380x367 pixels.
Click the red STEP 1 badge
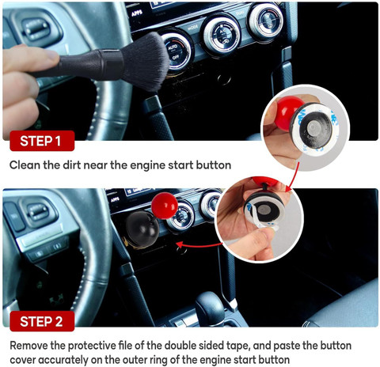pyautogui.click(x=42, y=141)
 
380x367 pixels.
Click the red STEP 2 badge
pyautogui.click(x=42, y=321)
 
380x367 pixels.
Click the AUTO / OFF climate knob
pyautogui.click(x=177, y=52)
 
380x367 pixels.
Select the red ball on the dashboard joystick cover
pyautogui.click(x=165, y=206)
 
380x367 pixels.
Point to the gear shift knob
pyautogui.click(x=210, y=305)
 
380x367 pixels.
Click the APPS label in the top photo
pyautogui.click(x=137, y=13)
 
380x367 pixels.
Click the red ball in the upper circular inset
pyautogui.click(x=290, y=113)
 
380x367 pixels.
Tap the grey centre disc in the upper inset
pyautogui.click(x=314, y=129)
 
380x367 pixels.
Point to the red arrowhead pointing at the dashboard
pyautogui.click(x=180, y=244)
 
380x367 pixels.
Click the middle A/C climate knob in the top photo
pyautogui.click(x=222, y=35)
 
